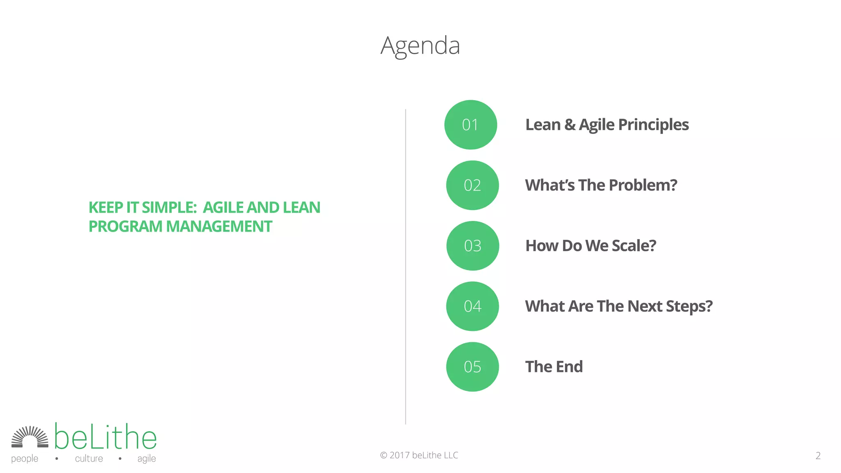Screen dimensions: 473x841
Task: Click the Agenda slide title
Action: point(420,46)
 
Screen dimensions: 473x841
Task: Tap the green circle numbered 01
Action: point(471,125)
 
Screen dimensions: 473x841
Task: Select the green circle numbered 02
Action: point(472,185)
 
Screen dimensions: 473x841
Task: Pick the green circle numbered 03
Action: point(473,246)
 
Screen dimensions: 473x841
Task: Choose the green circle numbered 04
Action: point(472,306)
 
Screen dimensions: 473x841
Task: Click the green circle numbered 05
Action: point(472,367)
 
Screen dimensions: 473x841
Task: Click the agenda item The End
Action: point(554,367)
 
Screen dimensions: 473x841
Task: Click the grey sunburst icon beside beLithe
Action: point(30,437)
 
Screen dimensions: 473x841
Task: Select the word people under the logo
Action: point(25,459)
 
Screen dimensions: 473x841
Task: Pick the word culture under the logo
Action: point(89,459)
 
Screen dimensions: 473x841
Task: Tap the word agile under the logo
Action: point(147,459)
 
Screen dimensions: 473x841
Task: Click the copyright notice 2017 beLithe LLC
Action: point(419,455)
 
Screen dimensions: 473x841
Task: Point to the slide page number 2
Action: point(818,456)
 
